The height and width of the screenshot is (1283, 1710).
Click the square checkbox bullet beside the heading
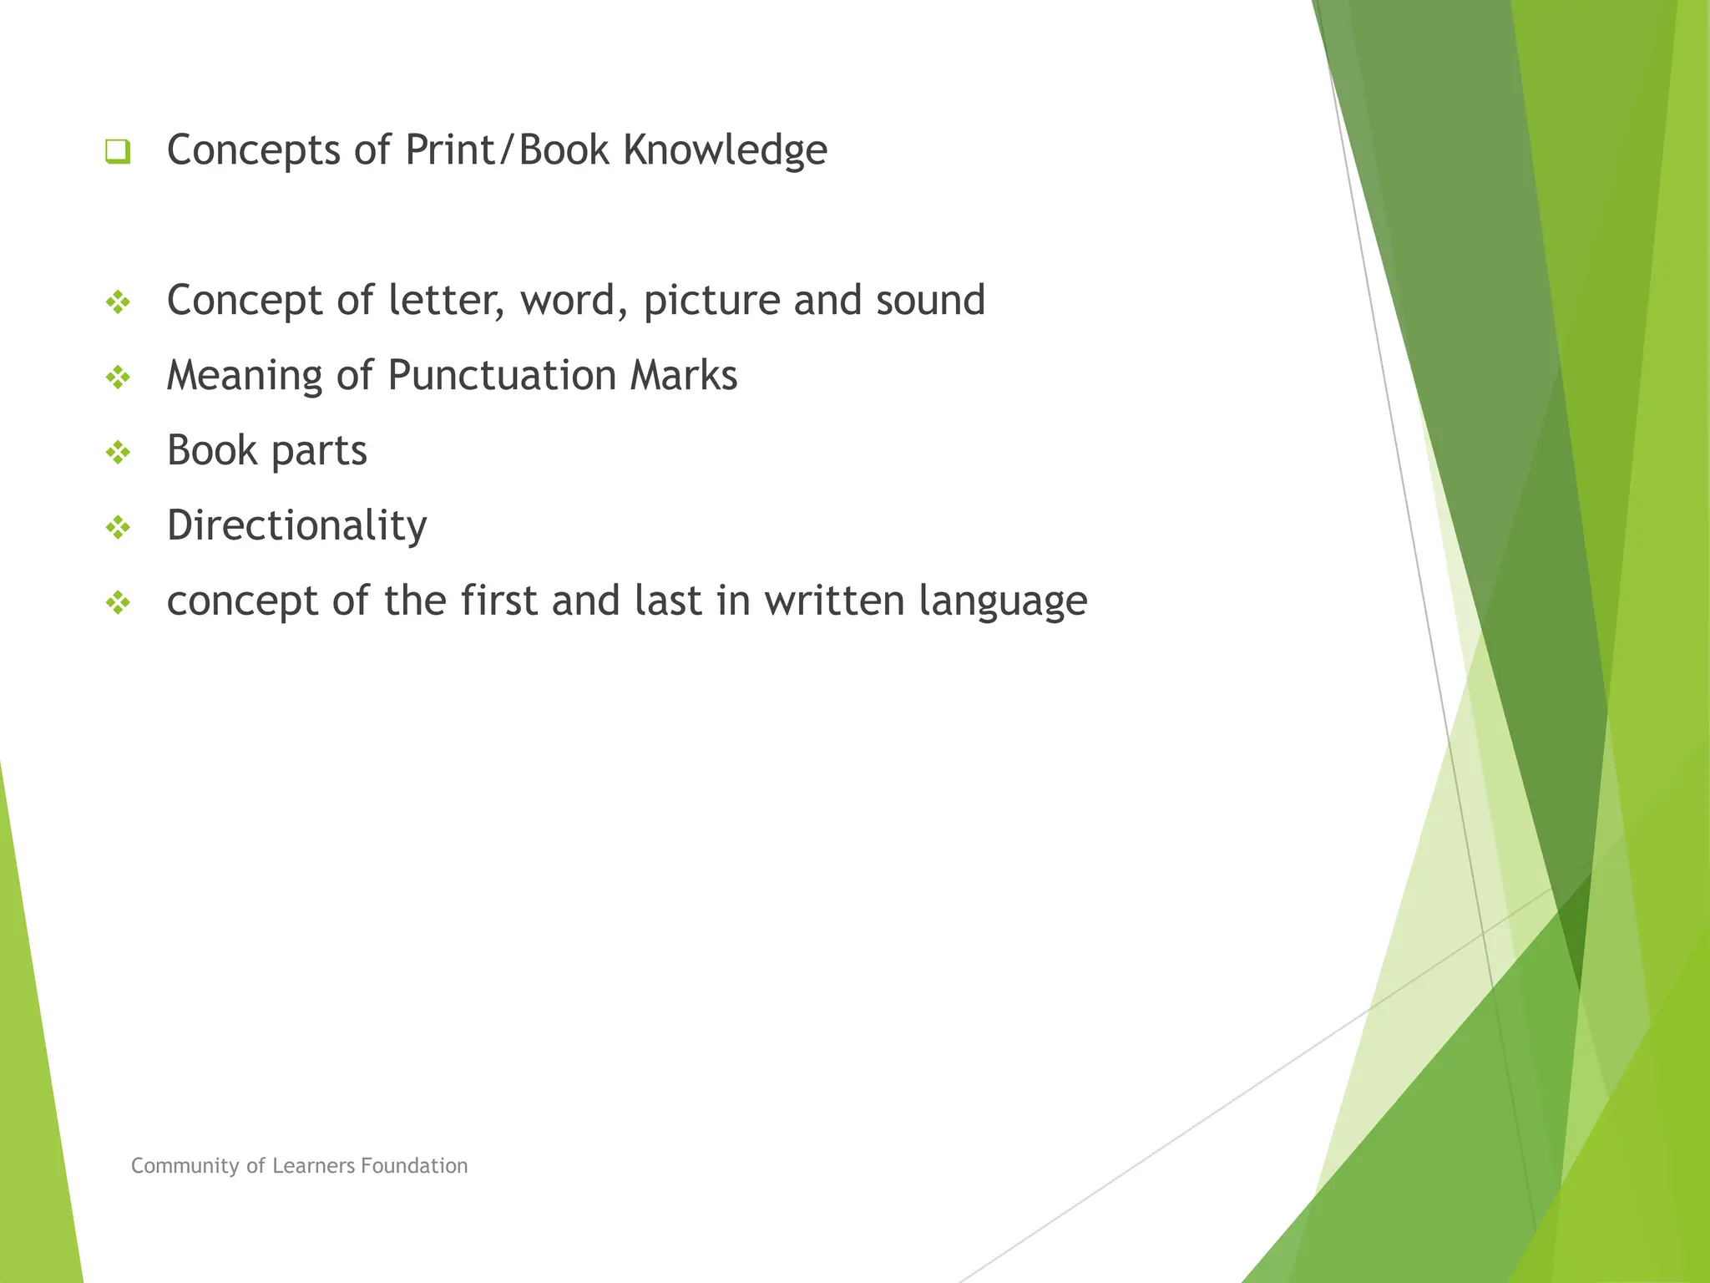118,152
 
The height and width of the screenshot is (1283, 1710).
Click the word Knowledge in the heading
725,151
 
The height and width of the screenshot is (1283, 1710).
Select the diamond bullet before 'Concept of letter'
118,302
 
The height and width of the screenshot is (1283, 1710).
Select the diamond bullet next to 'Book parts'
118,453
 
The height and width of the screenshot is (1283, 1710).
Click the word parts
319,452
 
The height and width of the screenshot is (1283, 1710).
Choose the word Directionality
296,526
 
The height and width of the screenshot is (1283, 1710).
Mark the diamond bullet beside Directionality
118,528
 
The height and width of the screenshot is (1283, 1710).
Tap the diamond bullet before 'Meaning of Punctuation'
118,378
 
